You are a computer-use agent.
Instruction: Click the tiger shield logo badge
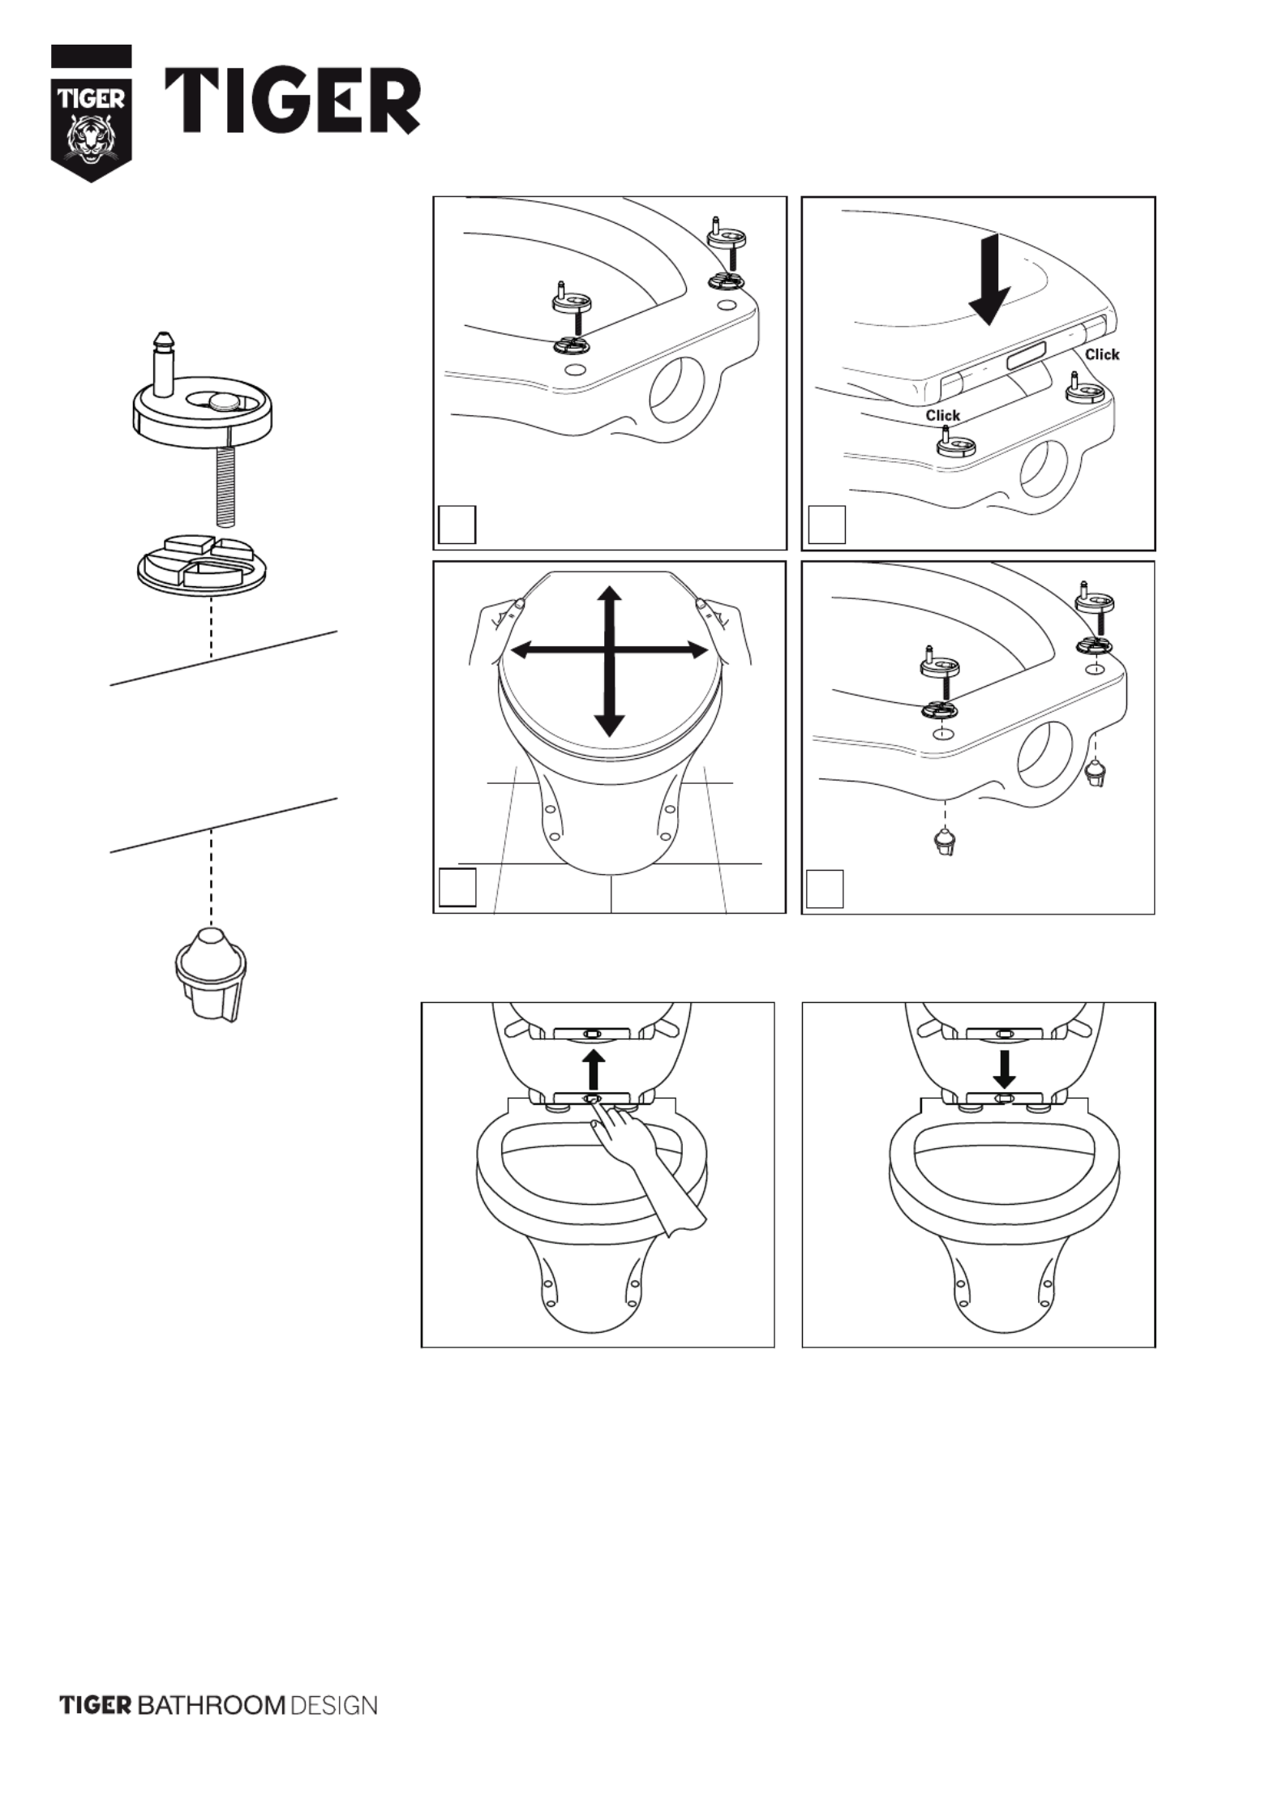coord(91,114)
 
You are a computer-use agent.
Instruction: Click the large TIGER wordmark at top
coord(293,101)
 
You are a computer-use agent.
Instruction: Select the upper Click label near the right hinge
coord(1102,354)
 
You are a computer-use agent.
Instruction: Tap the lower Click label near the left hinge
coord(943,415)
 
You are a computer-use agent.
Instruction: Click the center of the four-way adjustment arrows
coord(610,649)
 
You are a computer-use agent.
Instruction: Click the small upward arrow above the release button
coord(594,1069)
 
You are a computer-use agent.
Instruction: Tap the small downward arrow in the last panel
coord(1004,1069)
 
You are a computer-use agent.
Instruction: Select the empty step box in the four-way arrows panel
coord(457,888)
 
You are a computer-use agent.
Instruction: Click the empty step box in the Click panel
coord(826,525)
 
